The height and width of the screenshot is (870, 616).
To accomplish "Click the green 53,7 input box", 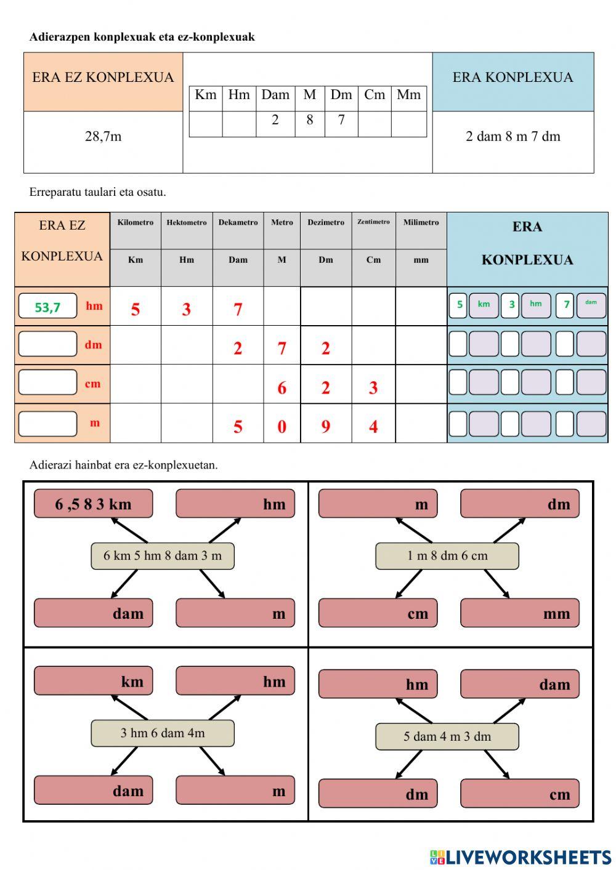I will point(47,306).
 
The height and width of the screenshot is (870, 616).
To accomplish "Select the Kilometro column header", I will point(136,223).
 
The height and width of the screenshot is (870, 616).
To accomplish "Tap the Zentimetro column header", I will point(373,222).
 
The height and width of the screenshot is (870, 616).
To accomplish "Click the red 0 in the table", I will point(282,426).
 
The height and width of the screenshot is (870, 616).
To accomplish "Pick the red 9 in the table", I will point(325,426).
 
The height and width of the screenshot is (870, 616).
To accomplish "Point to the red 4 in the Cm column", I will point(373,426).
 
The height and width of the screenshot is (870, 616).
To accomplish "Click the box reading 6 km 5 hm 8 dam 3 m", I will point(163,556).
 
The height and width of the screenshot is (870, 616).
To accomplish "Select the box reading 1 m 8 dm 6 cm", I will point(447,556).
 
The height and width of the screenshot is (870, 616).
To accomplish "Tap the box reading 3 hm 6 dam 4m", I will point(163,733).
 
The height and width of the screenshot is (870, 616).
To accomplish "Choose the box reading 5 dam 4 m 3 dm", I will point(447,736).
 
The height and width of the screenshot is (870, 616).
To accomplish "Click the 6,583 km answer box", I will point(94,504).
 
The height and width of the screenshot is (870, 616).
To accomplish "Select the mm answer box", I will point(520,613).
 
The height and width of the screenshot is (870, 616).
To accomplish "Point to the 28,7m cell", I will point(103,137).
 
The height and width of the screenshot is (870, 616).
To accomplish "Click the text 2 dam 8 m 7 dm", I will point(513,137).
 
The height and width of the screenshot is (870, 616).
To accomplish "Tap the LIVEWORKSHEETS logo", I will point(521,857).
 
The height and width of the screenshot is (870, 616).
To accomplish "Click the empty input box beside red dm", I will point(47,344).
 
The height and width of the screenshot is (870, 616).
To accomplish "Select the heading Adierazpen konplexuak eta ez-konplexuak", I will point(142,37).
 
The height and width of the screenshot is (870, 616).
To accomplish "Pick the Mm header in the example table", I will point(408,95).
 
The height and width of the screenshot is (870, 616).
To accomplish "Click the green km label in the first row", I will point(484,304).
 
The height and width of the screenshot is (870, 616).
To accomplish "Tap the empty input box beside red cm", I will point(47,382).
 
